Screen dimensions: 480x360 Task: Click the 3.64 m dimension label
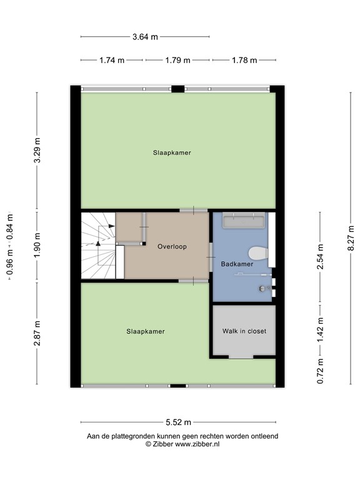pyautogui.click(x=145, y=36)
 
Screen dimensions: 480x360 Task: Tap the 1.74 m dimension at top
pyautogui.click(x=112, y=61)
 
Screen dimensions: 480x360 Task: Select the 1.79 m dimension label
pyautogui.click(x=177, y=61)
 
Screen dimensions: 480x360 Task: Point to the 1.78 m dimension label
pyautogui.click(x=244, y=61)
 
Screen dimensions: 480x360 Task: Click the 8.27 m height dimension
pyautogui.click(x=351, y=237)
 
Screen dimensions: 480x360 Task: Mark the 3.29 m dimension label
pyautogui.click(x=37, y=151)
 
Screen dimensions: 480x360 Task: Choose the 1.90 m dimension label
pyautogui.click(x=37, y=246)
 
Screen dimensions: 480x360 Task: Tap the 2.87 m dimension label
pyautogui.click(x=37, y=332)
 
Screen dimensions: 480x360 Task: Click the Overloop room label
pyautogui.click(x=169, y=246)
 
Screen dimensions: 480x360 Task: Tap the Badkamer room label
pyautogui.click(x=237, y=264)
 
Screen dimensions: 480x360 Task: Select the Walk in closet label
pyautogui.click(x=244, y=331)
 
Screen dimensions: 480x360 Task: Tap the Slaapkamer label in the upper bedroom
pyautogui.click(x=172, y=152)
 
